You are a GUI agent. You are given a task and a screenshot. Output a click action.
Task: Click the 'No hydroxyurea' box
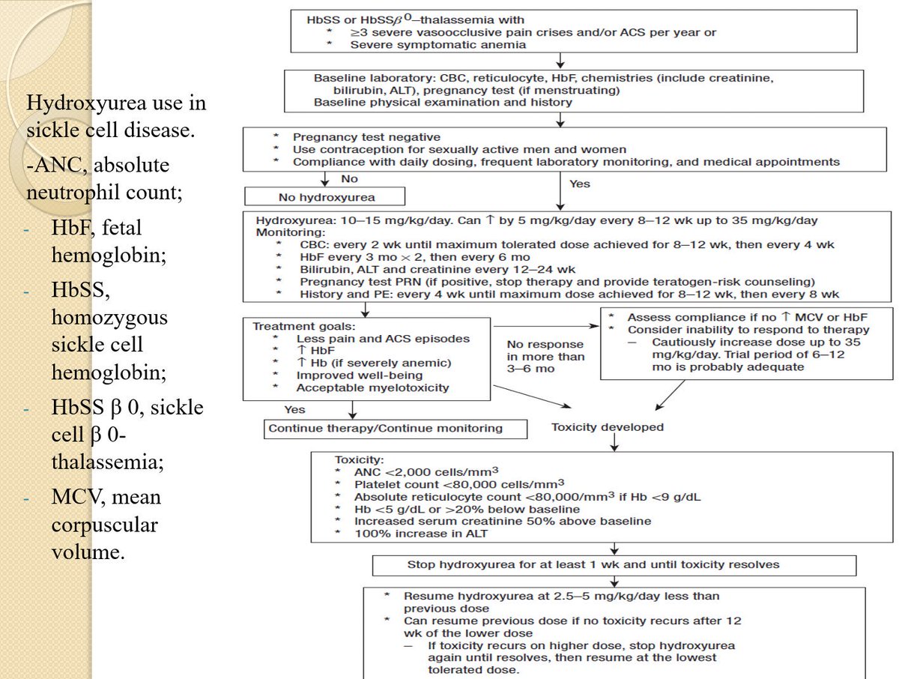(x=324, y=197)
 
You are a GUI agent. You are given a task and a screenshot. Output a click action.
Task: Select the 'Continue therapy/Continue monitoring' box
(x=385, y=428)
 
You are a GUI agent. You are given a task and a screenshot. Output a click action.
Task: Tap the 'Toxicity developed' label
(x=607, y=427)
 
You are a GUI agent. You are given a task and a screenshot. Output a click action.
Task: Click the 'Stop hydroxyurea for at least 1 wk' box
(x=613, y=564)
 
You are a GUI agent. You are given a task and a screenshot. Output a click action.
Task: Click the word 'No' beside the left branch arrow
(x=349, y=180)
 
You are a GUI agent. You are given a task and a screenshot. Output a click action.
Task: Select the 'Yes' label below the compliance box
(x=580, y=183)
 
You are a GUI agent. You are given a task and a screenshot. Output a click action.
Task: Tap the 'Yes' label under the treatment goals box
(x=294, y=410)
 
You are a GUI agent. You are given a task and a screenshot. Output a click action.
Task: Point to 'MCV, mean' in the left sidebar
(x=106, y=497)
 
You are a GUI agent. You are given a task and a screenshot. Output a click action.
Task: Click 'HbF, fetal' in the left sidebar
(x=96, y=227)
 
